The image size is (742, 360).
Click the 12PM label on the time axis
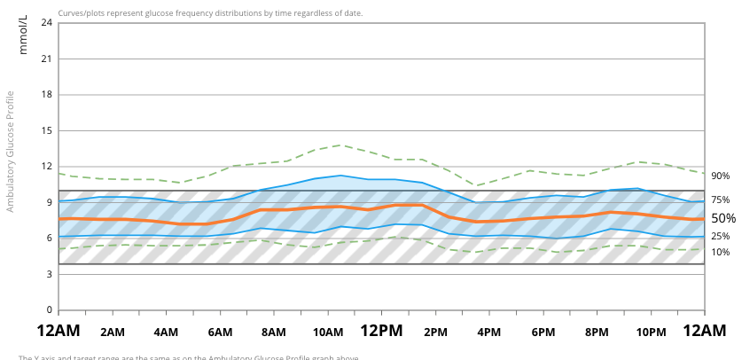pyautogui.click(x=381, y=331)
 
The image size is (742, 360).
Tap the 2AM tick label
pyautogui.click(x=113, y=333)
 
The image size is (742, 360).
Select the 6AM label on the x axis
pyautogui.click(x=220, y=333)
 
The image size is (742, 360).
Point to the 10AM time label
pyautogui.click(x=328, y=333)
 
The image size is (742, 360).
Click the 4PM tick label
pyautogui.click(x=489, y=333)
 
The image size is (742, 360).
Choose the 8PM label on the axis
pyautogui.click(x=597, y=333)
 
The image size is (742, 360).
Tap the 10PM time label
pyautogui.click(x=651, y=333)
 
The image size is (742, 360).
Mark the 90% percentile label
pyautogui.click(x=720, y=176)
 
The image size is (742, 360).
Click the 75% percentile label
pyautogui.click(x=720, y=200)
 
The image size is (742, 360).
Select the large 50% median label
pyautogui.click(x=723, y=218)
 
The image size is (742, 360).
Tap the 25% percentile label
pyautogui.click(x=720, y=237)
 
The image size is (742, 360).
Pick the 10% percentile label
pyautogui.click(x=720, y=253)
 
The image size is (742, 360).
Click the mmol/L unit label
pyautogui.click(x=24, y=35)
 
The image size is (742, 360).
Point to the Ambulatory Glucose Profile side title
pyautogui.click(x=11, y=151)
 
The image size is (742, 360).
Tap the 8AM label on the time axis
pyautogui.click(x=274, y=333)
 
